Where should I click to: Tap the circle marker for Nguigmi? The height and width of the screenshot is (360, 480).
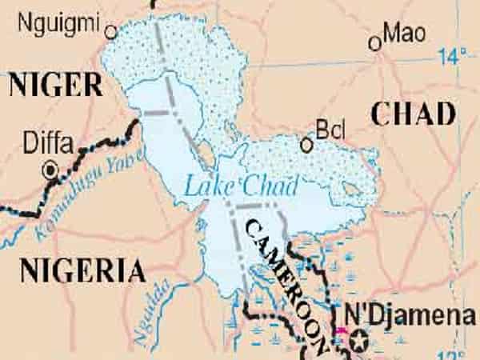pos(111,32)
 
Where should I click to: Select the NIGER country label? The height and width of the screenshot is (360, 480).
pos(55,84)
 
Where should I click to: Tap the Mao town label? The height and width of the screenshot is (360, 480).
pos(403,33)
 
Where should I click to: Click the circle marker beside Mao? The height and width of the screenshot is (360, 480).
pos(374,44)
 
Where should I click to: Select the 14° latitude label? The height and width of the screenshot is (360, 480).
pos(452,56)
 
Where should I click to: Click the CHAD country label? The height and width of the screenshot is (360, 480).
pos(414,115)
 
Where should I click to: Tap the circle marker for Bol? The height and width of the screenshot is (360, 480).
pos(306,145)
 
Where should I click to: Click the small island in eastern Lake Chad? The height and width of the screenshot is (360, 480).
pos(350,190)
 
